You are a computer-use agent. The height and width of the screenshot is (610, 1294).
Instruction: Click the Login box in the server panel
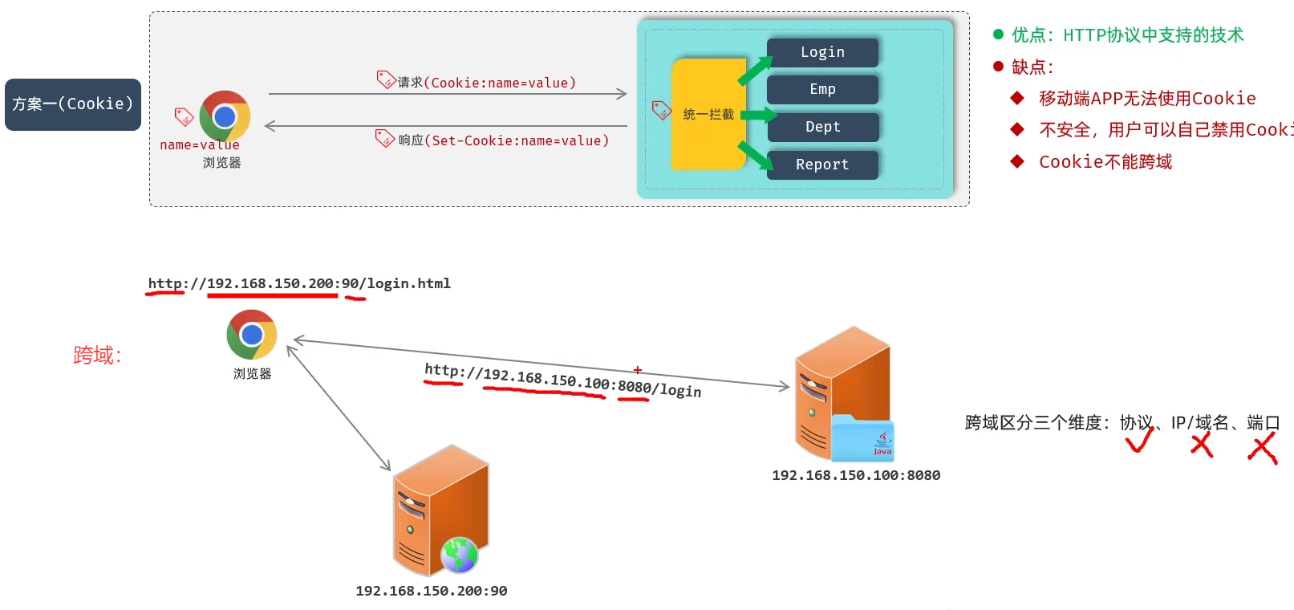(822, 52)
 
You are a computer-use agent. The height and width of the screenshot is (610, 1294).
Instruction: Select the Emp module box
(822, 89)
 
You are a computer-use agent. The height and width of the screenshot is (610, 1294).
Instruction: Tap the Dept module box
(822, 127)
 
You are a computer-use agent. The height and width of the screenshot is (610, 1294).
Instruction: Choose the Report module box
(822, 165)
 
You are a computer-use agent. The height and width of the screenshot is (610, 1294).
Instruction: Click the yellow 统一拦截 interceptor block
(708, 114)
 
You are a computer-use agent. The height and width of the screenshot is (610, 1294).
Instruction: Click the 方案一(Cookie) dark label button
(73, 104)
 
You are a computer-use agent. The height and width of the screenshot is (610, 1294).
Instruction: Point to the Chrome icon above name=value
(225, 116)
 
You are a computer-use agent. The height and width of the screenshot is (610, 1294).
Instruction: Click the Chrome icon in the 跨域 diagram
(252, 335)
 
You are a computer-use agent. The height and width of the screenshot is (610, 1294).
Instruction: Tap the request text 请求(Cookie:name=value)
(486, 83)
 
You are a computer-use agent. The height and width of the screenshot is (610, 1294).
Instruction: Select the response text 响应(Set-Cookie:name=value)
(503, 140)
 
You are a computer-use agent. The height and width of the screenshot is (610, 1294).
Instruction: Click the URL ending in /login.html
(299, 283)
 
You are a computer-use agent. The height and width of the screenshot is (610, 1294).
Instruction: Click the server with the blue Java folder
(843, 393)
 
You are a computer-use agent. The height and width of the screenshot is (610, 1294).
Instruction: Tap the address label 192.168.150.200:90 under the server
(431, 591)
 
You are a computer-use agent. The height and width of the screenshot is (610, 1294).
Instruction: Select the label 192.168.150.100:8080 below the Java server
(856, 475)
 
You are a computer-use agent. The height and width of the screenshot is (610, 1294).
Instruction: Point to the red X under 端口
(1262, 448)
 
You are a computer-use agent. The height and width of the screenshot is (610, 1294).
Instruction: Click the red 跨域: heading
(97, 356)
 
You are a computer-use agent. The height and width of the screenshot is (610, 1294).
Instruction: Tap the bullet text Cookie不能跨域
(1105, 162)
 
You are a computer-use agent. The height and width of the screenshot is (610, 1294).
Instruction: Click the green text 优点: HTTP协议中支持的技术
(1127, 35)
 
